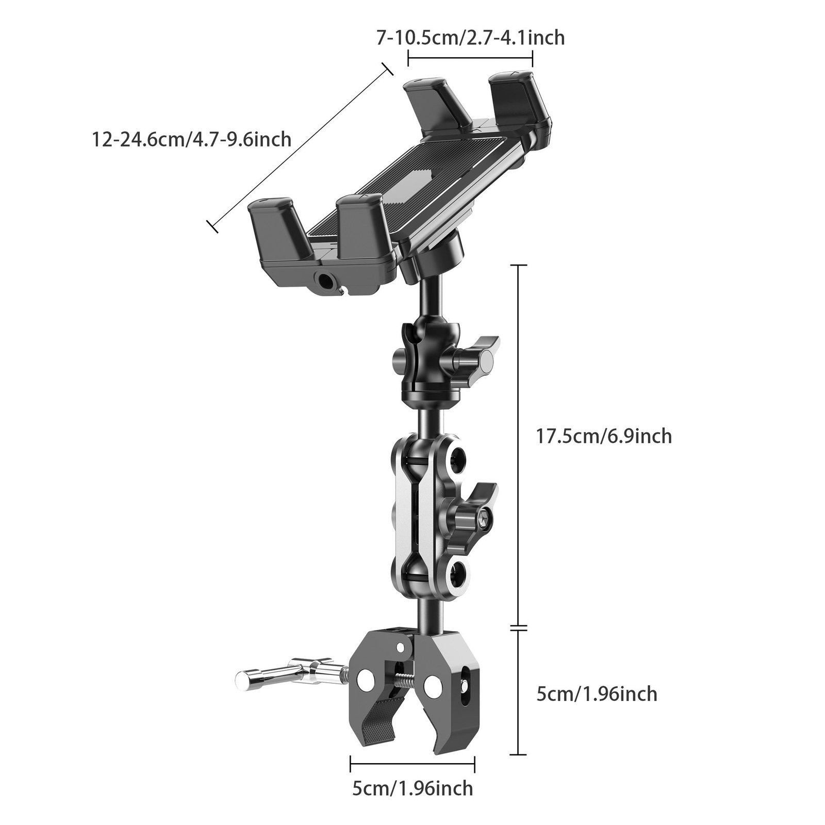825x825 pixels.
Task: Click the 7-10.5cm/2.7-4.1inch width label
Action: [470, 38]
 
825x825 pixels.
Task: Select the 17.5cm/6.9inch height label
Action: [604, 436]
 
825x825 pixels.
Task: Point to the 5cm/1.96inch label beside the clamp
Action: [597, 694]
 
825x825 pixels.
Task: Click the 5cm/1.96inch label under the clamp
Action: [412, 788]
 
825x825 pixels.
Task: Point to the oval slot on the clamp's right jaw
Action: [467, 681]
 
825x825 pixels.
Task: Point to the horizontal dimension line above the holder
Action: [470, 59]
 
